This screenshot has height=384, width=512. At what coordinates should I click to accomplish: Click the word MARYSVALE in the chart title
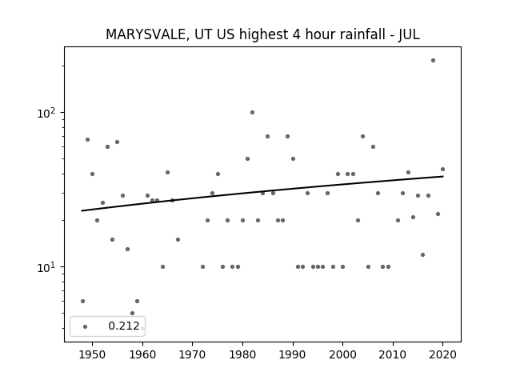click(x=146, y=34)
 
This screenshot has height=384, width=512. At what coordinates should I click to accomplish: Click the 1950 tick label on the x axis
click(x=92, y=354)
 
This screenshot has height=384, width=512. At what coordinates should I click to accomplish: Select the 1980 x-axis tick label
click(x=242, y=354)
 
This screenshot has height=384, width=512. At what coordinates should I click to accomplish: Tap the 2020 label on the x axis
click(x=442, y=354)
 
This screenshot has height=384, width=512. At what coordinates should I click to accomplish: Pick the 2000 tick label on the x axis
click(x=342, y=354)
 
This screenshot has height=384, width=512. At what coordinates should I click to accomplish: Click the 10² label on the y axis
click(x=46, y=113)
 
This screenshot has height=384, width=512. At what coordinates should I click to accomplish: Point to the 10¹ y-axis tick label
click(x=46, y=267)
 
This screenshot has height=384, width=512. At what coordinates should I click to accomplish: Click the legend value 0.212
click(x=124, y=326)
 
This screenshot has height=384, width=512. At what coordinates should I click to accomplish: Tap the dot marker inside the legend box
click(x=86, y=326)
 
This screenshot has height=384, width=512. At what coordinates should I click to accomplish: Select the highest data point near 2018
click(x=433, y=61)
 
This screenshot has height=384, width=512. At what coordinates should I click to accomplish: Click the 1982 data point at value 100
click(x=253, y=112)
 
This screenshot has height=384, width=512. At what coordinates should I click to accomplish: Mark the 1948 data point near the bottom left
click(x=82, y=301)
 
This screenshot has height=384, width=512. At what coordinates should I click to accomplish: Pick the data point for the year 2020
click(x=442, y=169)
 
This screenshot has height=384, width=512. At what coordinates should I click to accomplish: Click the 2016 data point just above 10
click(x=423, y=254)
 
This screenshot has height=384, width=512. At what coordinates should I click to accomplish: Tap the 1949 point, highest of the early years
click(x=87, y=140)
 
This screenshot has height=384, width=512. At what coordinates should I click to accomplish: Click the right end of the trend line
click(x=443, y=176)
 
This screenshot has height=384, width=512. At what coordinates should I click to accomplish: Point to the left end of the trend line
click(x=82, y=210)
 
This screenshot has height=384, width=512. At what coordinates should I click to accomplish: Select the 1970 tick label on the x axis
click(x=192, y=354)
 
